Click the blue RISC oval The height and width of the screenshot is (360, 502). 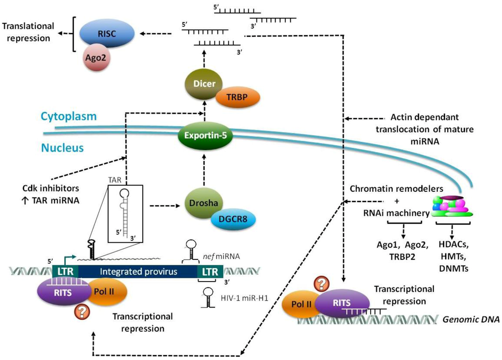pyautogui.click(x=106, y=34)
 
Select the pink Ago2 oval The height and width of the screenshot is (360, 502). pyautogui.click(x=96, y=57)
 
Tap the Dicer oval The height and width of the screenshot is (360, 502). pyautogui.click(x=204, y=84)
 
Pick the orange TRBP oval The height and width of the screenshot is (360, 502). pyautogui.click(x=237, y=97)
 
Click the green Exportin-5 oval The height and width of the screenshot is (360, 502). pyautogui.click(x=205, y=135)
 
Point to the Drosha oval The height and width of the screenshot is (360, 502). pyautogui.click(x=203, y=203)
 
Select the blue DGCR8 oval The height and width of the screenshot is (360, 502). pyautogui.click(x=233, y=219)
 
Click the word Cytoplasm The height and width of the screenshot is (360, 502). pyautogui.click(x=69, y=116)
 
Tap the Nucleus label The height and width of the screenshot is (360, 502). pyautogui.click(x=62, y=148)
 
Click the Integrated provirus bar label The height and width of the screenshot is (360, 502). pyautogui.click(x=138, y=272)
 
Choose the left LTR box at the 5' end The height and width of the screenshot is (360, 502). pyautogui.click(x=66, y=272)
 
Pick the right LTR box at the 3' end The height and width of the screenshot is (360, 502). pyautogui.click(x=210, y=272)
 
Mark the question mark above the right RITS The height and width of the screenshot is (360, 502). pyautogui.click(x=322, y=284)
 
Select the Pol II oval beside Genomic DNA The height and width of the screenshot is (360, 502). pyautogui.click(x=301, y=304)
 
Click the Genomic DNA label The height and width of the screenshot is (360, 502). pyautogui.click(x=471, y=319)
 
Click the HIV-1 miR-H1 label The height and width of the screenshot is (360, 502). pyautogui.click(x=244, y=298)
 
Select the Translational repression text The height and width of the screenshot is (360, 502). pyautogui.click(x=28, y=32)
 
